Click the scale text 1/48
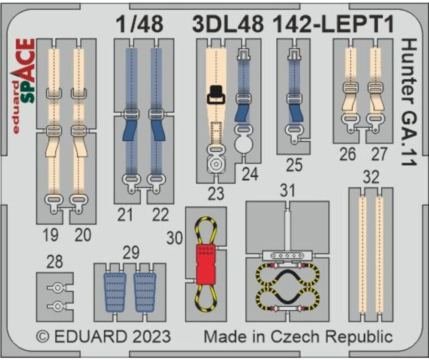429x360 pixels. [139, 25]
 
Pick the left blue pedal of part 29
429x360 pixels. [115, 291]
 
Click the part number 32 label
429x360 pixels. [371, 177]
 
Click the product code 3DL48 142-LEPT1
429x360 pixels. [293, 25]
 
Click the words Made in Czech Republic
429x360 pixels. [298, 336]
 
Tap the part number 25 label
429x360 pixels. [294, 165]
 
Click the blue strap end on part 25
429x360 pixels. [295, 112]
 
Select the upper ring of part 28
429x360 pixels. [57, 288]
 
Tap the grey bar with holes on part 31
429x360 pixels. [287, 256]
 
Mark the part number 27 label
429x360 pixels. [379, 154]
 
